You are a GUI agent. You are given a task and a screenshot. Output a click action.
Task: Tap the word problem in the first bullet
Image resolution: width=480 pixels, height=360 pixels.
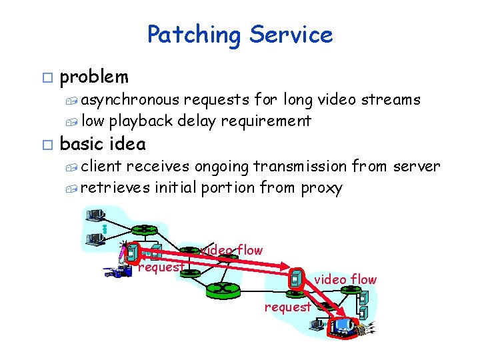click(x=94, y=77)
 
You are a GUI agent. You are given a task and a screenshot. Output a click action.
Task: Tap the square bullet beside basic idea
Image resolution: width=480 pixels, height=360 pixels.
click(x=45, y=144)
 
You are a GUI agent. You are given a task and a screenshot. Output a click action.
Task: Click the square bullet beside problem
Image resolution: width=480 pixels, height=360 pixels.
click(x=45, y=78)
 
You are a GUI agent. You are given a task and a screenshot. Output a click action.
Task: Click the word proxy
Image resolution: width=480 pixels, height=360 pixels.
click(x=321, y=188)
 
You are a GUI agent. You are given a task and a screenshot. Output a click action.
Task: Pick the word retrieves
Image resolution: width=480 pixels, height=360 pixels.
click(x=115, y=188)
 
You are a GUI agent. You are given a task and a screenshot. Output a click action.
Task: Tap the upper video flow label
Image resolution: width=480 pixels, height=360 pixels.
click(x=232, y=250)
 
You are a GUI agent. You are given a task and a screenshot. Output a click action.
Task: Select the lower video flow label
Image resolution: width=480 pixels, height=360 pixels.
click(x=345, y=279)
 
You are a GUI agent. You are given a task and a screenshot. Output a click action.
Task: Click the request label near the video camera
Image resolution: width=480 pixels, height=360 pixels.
click(x=161, y=267)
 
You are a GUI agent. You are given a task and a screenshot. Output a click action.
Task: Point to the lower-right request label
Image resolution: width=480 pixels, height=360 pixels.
click(x=287, y=307)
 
